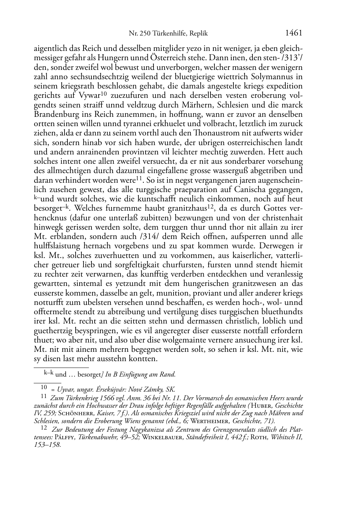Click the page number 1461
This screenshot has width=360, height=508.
coord(294,33)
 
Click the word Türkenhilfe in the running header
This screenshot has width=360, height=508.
coord(167,34)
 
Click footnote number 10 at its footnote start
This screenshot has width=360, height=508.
coord(44,387)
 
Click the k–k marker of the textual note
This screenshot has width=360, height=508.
coord(48,373)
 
